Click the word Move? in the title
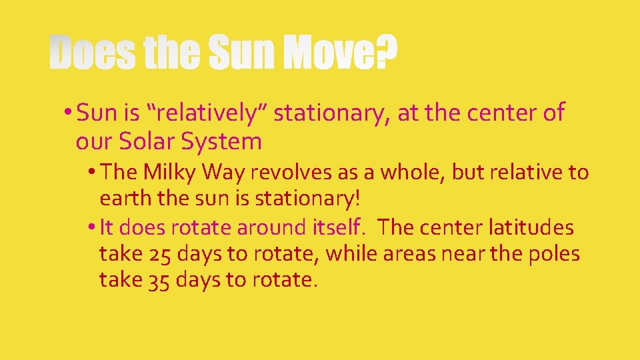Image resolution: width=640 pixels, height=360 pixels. click(x=339, y=53)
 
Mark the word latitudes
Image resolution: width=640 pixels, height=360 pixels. click(x=531, y=227)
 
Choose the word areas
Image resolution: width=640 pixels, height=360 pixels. click(x=413, y=253)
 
